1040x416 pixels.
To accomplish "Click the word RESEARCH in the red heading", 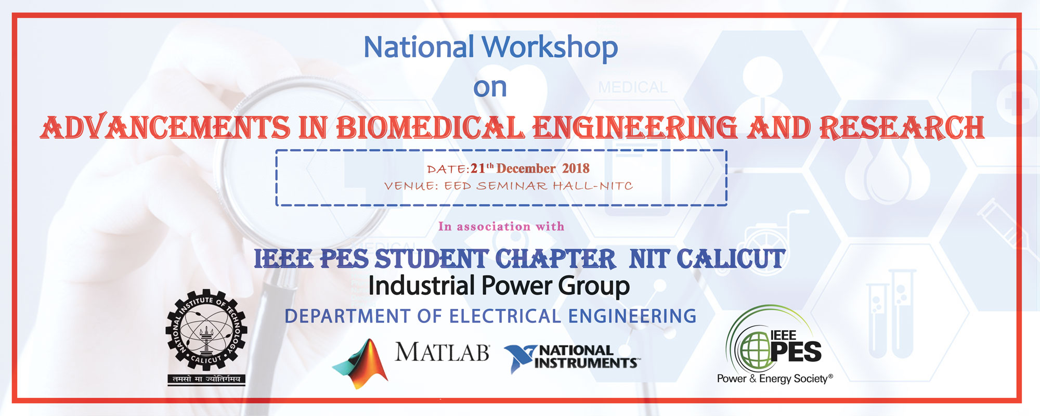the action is click(902, 128).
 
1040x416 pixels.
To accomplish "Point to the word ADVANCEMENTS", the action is click(165, 127).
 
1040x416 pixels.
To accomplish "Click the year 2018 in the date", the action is click(576, 168).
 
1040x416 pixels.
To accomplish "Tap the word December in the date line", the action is click(526, 168).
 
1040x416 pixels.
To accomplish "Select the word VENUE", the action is click(411, 186).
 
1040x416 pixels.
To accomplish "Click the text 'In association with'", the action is click(501, 226).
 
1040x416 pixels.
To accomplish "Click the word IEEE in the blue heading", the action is click(283, 259).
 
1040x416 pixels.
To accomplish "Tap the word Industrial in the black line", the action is click(421, 286).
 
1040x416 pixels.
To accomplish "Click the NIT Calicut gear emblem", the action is click(206, 330).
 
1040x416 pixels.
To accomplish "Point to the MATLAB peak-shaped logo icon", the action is click(360, 364).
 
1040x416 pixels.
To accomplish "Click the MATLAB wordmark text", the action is click(442, 352).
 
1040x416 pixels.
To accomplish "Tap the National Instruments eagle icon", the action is click(520, 359).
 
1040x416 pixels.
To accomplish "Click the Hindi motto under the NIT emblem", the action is click(206, 379).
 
